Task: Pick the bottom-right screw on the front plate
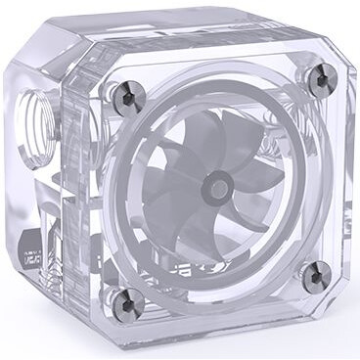[x=314, y=276]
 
